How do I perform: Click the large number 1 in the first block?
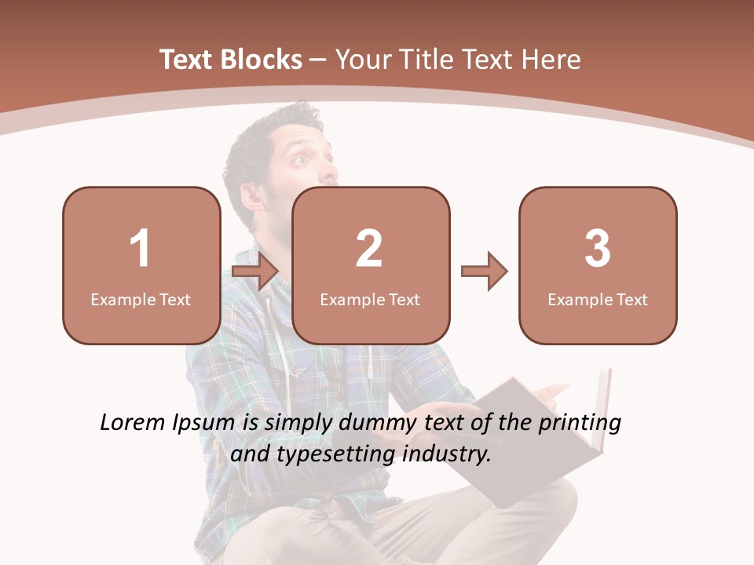[140, 249]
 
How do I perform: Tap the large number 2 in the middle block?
[369, 249]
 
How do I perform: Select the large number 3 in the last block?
[598, 249]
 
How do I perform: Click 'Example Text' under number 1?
[141, 299]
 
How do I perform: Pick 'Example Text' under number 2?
[370, 299]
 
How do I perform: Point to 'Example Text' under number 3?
[598, 299]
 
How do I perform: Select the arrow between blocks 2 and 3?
[484, 272]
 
